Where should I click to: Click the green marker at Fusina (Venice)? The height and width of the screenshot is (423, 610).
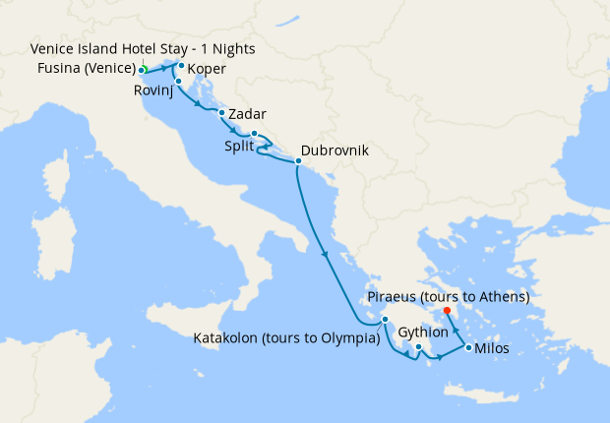143,70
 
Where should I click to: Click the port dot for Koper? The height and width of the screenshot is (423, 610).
181,66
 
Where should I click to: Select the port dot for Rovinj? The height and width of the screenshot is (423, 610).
178,81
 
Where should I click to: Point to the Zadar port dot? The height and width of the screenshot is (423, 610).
221,113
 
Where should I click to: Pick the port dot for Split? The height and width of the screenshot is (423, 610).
253,134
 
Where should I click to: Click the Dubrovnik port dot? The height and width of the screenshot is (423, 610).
298,160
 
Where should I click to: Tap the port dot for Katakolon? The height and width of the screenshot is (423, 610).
387,320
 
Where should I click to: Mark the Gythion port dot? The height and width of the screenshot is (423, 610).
418,346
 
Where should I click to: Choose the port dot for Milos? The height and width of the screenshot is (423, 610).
467,347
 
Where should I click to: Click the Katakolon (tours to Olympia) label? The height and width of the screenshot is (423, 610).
285,338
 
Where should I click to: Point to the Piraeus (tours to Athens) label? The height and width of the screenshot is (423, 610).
448,296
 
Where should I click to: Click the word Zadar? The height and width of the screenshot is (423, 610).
247,114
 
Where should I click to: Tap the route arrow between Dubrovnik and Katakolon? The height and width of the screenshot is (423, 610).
324,256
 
